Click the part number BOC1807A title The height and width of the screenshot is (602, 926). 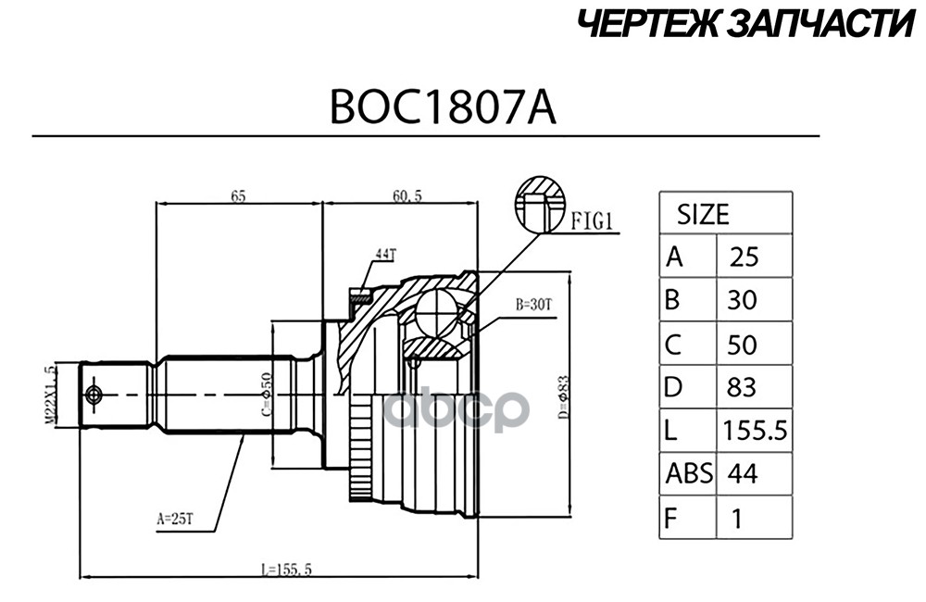point(443,107)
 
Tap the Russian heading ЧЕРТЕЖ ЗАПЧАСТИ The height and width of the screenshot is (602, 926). point(745,25)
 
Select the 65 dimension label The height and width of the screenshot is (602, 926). point(238,196)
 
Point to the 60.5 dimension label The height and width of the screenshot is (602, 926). point(407,196)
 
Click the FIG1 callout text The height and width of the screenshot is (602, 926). point(593,222)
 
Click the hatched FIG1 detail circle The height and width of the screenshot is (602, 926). point(540,205)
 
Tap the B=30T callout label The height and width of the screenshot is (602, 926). point(533,305)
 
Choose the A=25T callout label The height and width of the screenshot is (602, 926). point(175,520)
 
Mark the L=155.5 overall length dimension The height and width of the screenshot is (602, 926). point(286,570)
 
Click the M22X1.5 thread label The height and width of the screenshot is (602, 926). point(50,394)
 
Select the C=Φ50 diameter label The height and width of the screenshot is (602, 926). point(267,394)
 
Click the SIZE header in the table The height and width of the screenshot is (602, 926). point(703,215)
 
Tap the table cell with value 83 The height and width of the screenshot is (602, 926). point(742,387)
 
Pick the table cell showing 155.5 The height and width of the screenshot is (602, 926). point(756,431)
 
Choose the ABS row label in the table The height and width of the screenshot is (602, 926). point(689,474)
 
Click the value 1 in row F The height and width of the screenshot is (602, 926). point(736,519)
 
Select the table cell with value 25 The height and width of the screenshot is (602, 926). point(745,257)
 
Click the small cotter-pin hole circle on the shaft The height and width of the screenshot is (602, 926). point(94,395)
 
